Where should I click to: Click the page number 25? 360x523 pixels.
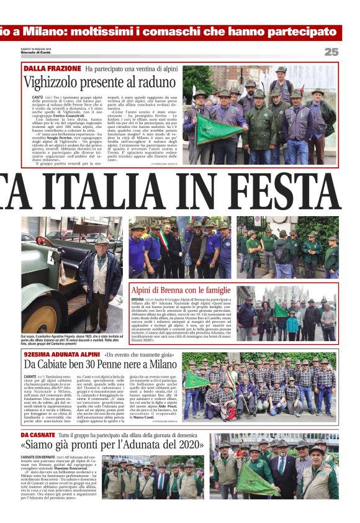331,52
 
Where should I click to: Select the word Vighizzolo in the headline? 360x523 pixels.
53,81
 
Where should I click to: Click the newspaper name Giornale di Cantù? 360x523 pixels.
37,56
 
